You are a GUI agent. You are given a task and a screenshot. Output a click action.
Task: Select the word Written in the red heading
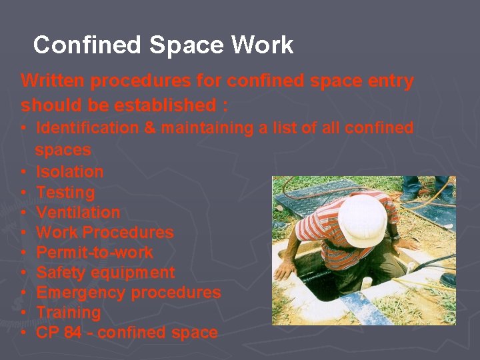[53, 81]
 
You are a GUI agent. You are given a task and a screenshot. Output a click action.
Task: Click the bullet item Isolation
[70, 172]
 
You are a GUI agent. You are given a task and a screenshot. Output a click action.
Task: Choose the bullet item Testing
[65, 193]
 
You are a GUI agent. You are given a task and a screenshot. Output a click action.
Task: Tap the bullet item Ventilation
[78, 213]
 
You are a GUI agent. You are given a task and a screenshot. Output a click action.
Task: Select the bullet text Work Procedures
[105, 233]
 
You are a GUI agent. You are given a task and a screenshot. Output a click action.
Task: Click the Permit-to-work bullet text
[95, 253]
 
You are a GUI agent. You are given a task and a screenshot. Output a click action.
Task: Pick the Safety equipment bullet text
[105, 273]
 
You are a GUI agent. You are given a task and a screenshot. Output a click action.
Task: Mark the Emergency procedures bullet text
[128, 293]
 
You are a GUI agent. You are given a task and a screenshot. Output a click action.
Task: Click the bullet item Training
[69, 313]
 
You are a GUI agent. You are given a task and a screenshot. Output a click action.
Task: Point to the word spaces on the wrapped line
[63, 149]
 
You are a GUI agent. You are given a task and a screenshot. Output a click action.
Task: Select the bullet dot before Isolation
[24, 172]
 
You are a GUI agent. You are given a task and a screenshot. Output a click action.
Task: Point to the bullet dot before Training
[24, 313]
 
